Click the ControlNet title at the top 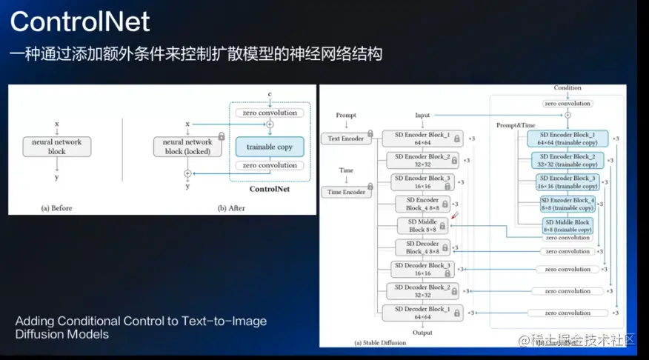[80, 21]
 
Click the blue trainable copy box [269, 147]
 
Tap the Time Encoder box [346, 192]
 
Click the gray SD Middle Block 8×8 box [423, 226]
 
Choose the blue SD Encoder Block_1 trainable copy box [567, 139]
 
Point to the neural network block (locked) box [187, 147]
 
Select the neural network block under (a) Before [57, 147]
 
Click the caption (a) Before [56, 208]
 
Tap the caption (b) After [231, 208]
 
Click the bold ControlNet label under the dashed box [270, 189]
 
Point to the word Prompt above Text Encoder [346, 116]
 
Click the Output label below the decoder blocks [422, 333]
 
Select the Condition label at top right [568, 87]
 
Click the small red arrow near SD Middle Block [454, 216]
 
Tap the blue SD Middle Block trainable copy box [567, 226]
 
